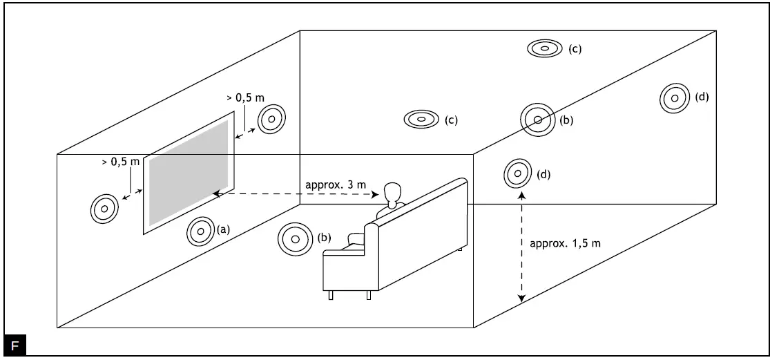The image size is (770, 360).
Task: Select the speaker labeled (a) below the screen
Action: click(x=200, y=231)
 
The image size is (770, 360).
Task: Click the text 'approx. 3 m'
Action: click(x=336, y=185)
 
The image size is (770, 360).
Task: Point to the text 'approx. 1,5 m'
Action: click(x=565, y=243)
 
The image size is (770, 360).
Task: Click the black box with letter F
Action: click(x=15, y=345)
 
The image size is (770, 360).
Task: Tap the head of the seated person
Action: click(x=392, y=191)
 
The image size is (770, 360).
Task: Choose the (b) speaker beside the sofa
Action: click(x=293, y=239)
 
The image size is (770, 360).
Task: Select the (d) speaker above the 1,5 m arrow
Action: click(x=517, y=173)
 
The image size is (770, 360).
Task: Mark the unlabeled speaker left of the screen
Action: click(x=104, y=208)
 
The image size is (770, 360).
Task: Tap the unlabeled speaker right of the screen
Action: click(x=271, y=120)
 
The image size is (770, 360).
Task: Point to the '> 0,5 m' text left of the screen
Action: click(x=121, y=162)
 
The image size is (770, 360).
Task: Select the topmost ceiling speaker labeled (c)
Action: click(x=544, y=48)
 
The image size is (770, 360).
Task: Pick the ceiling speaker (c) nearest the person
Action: click(x=421, y=119)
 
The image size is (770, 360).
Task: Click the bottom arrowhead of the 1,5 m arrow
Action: click(x=521, y=299)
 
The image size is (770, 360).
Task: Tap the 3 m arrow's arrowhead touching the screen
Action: click(x=216, y=195)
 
